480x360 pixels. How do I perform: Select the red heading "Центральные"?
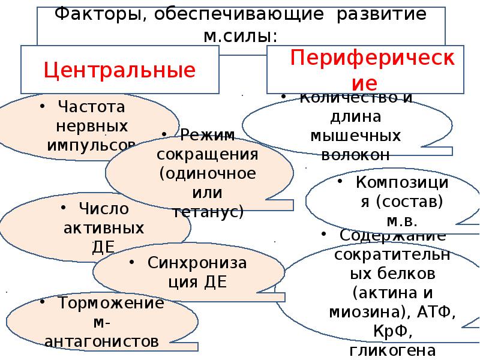click(119, 70)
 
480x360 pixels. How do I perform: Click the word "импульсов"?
click(91, 145)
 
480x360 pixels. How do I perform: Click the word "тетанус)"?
click(207, 211)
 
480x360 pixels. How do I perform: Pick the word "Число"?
click(103, 209)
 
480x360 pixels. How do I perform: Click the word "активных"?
click(103, 228)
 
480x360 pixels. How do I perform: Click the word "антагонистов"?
click(102, 341)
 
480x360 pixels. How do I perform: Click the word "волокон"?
click(356, 154)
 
